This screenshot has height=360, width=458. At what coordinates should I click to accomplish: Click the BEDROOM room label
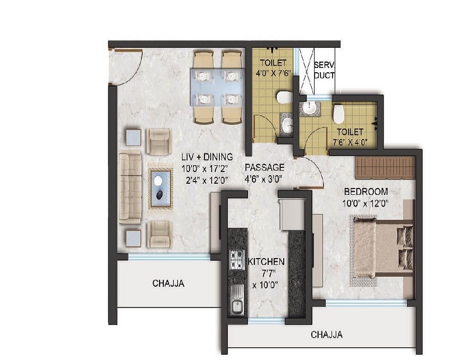[365, 191]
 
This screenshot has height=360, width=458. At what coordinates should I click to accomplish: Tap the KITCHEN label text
[266, 262]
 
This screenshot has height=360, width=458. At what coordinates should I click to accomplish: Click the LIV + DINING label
[207, 157]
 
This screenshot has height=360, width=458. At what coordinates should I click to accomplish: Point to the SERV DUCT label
[324, 70]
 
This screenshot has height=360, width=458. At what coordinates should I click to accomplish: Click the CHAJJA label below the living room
[168, 284]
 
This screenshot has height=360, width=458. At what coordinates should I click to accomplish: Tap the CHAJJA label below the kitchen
[326, 335]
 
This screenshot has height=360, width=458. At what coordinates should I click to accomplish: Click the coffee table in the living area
[160, 188]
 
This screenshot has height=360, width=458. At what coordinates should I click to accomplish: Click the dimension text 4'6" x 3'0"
[262, 179]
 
